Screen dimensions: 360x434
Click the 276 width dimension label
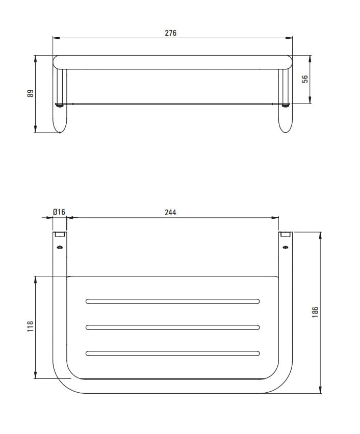[x=170, y=33]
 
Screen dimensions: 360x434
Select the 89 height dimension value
[x=30, y=93]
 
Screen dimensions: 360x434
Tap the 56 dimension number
[x=304, y=79]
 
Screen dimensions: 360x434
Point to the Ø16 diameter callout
[x=59, y=212]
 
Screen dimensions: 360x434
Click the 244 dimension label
[x=170, y=212]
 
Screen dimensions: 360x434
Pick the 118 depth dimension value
[x=30, y=326]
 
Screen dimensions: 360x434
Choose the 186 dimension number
[x=315, y=312]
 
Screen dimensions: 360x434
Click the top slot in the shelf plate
[x=173, y=301]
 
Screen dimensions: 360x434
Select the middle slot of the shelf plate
[x=173, y=327]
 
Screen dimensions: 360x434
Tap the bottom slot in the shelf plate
[x=173, y=353]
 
